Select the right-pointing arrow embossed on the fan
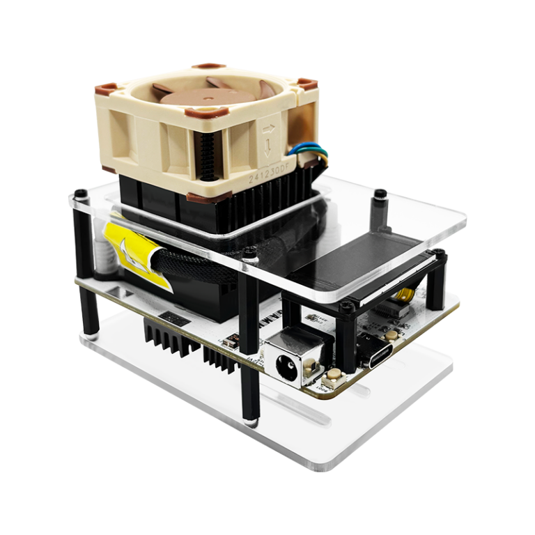click(x=268, y=128)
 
